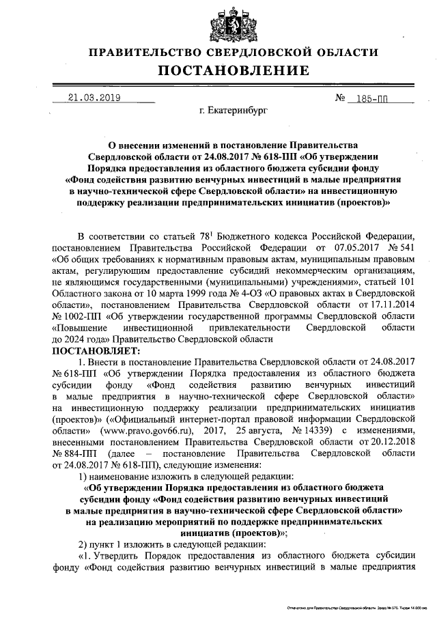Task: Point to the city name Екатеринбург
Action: point(233,109)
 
